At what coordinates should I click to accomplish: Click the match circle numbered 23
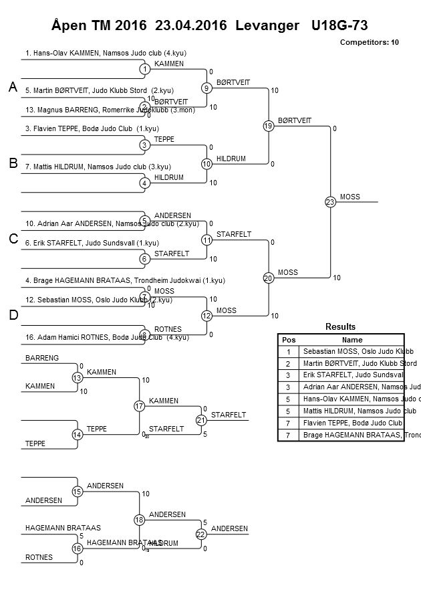point(330,201)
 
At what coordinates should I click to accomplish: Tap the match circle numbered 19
point(269,125)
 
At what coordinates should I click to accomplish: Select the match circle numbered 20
point(269,278)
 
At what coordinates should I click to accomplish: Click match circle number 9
point(206,88)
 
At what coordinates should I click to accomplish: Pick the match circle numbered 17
point(140,406)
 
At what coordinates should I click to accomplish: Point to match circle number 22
point(201,534)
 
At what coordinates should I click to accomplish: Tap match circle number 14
point(78,435)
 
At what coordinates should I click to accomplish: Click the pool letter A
point(13,88)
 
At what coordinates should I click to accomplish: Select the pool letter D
point(13,316)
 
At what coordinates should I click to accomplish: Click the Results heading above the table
point(340,326)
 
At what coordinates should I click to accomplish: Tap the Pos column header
point(289,340)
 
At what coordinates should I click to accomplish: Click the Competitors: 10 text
point(369,42)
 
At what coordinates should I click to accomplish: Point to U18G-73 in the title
point(339,25)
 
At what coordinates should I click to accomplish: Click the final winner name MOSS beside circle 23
point(349,197)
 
